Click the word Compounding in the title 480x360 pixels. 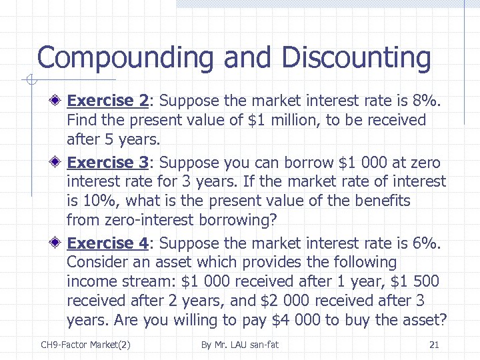tap(126, 58)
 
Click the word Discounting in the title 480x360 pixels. tap(356, 58)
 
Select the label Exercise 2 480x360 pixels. tap(108, 101)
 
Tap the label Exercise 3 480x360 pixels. tap(108, 163)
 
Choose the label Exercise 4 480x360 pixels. tap(108, 243)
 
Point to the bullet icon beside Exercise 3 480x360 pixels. tap(58, 163)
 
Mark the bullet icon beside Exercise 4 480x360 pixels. tap(58, 243)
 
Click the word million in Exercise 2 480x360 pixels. tap(306, 120)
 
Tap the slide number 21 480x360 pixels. tap(434, 345)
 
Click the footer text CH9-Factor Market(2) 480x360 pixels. tap(85, 345)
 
